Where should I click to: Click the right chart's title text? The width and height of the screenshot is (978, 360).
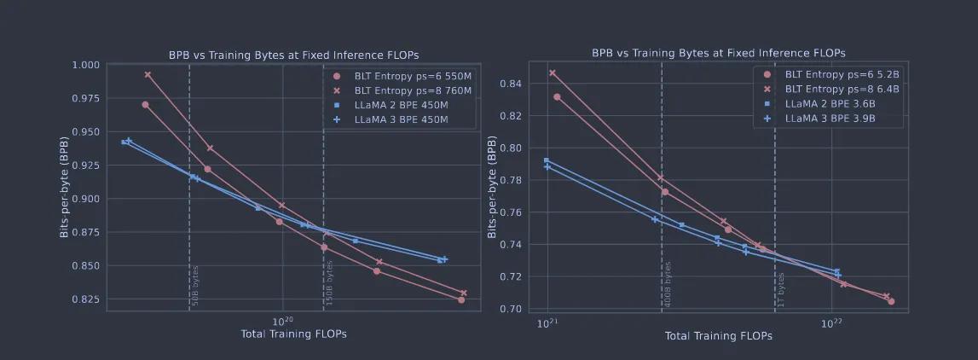pos(719,53)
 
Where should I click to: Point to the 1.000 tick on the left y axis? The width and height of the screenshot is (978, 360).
pos(87,65)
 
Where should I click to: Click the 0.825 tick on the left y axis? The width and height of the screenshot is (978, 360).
pos(87,299)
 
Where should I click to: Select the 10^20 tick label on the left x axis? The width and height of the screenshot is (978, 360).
pos(282,321)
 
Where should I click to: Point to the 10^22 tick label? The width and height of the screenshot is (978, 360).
pos(831,324)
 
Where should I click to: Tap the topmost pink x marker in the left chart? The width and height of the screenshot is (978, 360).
pos(148,75)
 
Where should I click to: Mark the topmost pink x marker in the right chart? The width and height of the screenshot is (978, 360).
pos(553,73)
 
